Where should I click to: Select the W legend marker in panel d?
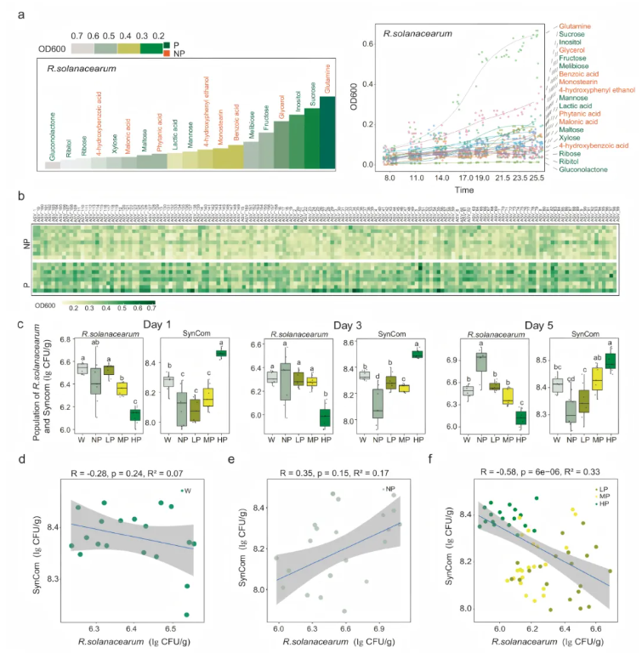tap(181, 467)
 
